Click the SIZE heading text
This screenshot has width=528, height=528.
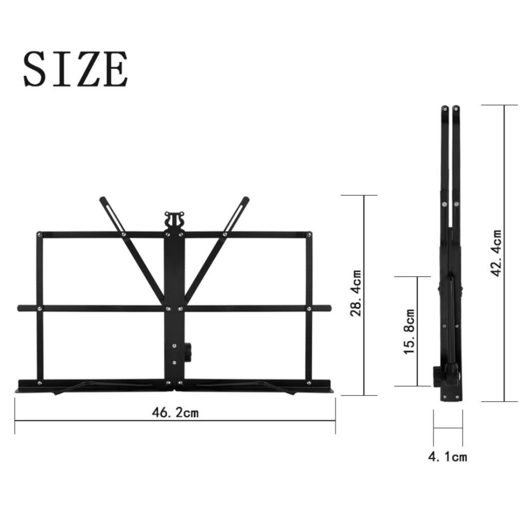(75, 69)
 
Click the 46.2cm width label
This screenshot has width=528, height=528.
(175, 412)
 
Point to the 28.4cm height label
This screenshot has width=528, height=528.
(356, 293)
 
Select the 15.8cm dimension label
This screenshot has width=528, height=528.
(409, 332)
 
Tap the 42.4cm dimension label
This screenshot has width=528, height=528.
(497, 253)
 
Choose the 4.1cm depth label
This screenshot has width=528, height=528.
(448, 456)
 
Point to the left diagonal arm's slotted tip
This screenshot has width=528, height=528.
(106, 203)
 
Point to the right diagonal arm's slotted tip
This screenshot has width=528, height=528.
(242, 203)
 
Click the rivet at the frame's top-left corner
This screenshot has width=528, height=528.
(40, 235)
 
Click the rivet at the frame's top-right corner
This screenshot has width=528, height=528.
(308, 235)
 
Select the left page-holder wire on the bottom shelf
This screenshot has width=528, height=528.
(98, 386)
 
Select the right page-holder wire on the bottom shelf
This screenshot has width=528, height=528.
(247, 386)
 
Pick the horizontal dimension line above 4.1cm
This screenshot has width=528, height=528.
(448, 427)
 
